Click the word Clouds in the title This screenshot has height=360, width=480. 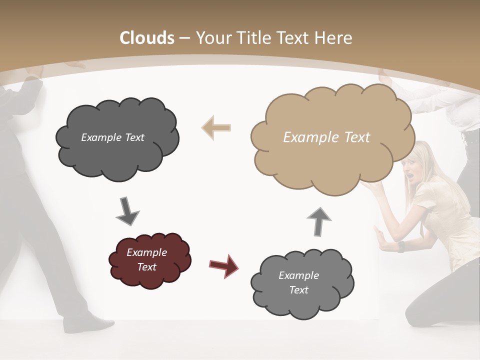(x=147, y=38)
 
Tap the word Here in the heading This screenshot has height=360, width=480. (x=334, y=38)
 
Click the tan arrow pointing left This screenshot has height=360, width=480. (x=216, y=127)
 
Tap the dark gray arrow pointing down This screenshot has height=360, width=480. (x=127, y=211)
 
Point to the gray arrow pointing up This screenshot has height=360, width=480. (x=319, y=221)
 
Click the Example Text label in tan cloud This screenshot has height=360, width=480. (x=326, y=137)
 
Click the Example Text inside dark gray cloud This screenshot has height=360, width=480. (x=112, y=137)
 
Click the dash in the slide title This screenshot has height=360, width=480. (x=184, y=38)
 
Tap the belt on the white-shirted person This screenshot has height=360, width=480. (x=470, y=136)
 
